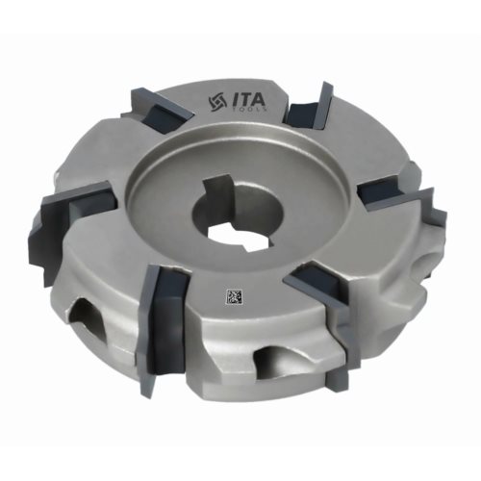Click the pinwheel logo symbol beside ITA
(x=217, y=102)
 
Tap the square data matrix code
(x=234, y=296)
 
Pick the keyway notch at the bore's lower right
(x=259, y=242)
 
